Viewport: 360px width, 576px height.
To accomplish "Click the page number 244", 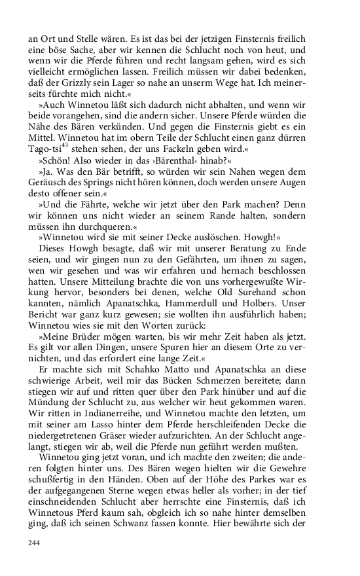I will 35,543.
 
